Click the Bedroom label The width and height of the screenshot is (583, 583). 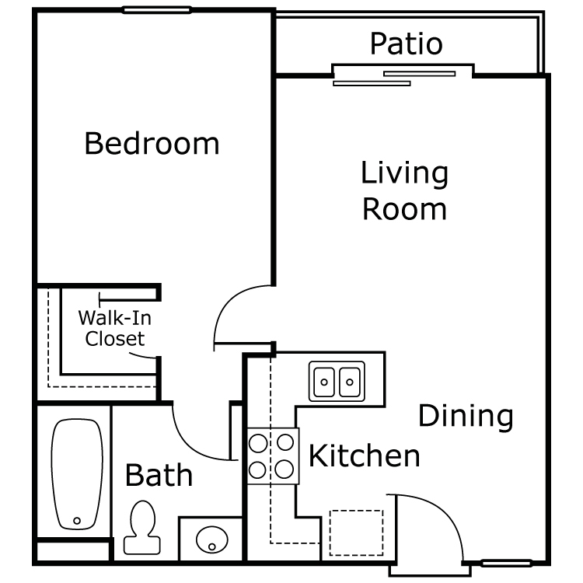pyautogui.click(x=152, y=143)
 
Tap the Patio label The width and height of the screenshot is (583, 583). pyautogui.click(x=406, y=44)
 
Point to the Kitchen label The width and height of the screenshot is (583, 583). pyautogui.click(x=365, y=456)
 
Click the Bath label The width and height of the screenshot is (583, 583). pyautogui.click(x=159, y=475)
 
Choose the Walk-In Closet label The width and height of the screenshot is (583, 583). pyautogui.click(x=115, y=328)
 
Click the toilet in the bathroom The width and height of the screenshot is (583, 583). pyautogui.click(x=142, y=527)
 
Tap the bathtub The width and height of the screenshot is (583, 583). pyautogui.click(x=77, y=474)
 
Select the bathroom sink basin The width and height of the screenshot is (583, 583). pyautogui.click(x=212, y=539)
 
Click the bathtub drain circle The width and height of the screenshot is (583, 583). pyautogui.click(x=77, y=521)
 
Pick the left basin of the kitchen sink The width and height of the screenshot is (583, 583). pyautogui.click(x=324, y=382)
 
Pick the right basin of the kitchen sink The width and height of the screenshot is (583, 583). pyautogui.click(x=350, y=382)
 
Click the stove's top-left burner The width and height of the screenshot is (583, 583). pyautogui.click(x=258, y=443)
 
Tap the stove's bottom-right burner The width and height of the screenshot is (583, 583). pyautogui.click(x=285, y=470)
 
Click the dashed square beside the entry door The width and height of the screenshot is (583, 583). pyautogui.click(x=356, y=532)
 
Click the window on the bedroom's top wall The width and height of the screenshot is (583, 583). pyautogui.click(x=156, y=10)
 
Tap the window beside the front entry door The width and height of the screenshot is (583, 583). pyautogui.click(x=506, y=564)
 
